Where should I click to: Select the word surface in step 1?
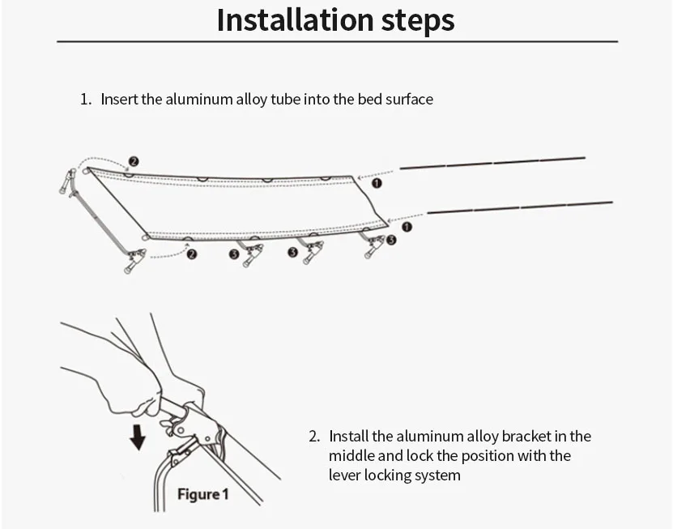pos(408,100)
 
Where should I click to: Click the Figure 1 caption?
pos(203,494)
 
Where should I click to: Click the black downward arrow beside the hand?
pos(138,436)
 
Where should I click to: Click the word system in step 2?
pos(436,476)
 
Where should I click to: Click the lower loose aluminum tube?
pos(519,207)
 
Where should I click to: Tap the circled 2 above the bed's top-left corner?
pos(134,161)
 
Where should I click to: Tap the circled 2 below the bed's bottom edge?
pos(192,254)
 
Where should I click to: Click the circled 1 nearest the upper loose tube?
pos(376,183)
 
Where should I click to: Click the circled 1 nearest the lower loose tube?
pos(407,228)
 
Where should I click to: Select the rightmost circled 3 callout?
pos(391,240)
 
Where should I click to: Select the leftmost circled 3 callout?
pos(234,254)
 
